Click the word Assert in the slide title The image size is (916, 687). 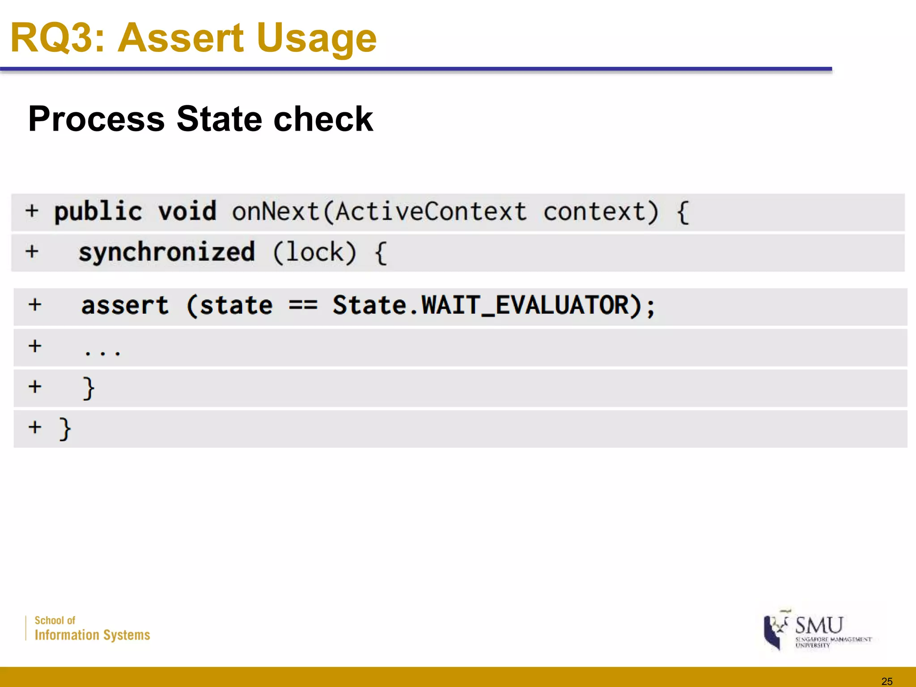181,38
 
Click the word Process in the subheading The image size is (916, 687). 97,119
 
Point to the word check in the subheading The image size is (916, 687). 323,119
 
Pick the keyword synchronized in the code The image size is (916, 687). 167,252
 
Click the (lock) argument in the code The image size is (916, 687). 315,252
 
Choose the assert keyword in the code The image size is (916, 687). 125,306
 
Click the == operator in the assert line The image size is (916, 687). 303,306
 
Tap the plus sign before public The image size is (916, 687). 32,211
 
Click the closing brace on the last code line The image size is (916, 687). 65,428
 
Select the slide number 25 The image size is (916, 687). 886,681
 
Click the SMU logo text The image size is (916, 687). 819,625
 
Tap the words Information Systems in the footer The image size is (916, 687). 92,635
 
